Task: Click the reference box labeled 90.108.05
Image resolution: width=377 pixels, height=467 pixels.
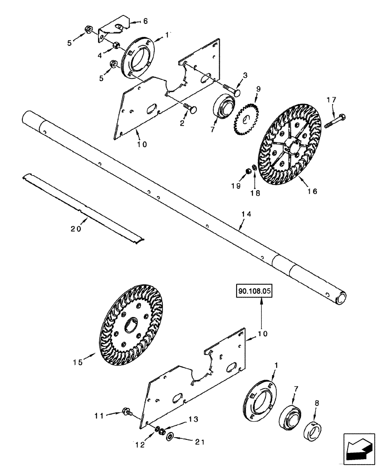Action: pyautogui.click(x=255, y=291)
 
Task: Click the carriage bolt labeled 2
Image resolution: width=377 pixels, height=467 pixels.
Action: pyautogui.click(x=190, y=109)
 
